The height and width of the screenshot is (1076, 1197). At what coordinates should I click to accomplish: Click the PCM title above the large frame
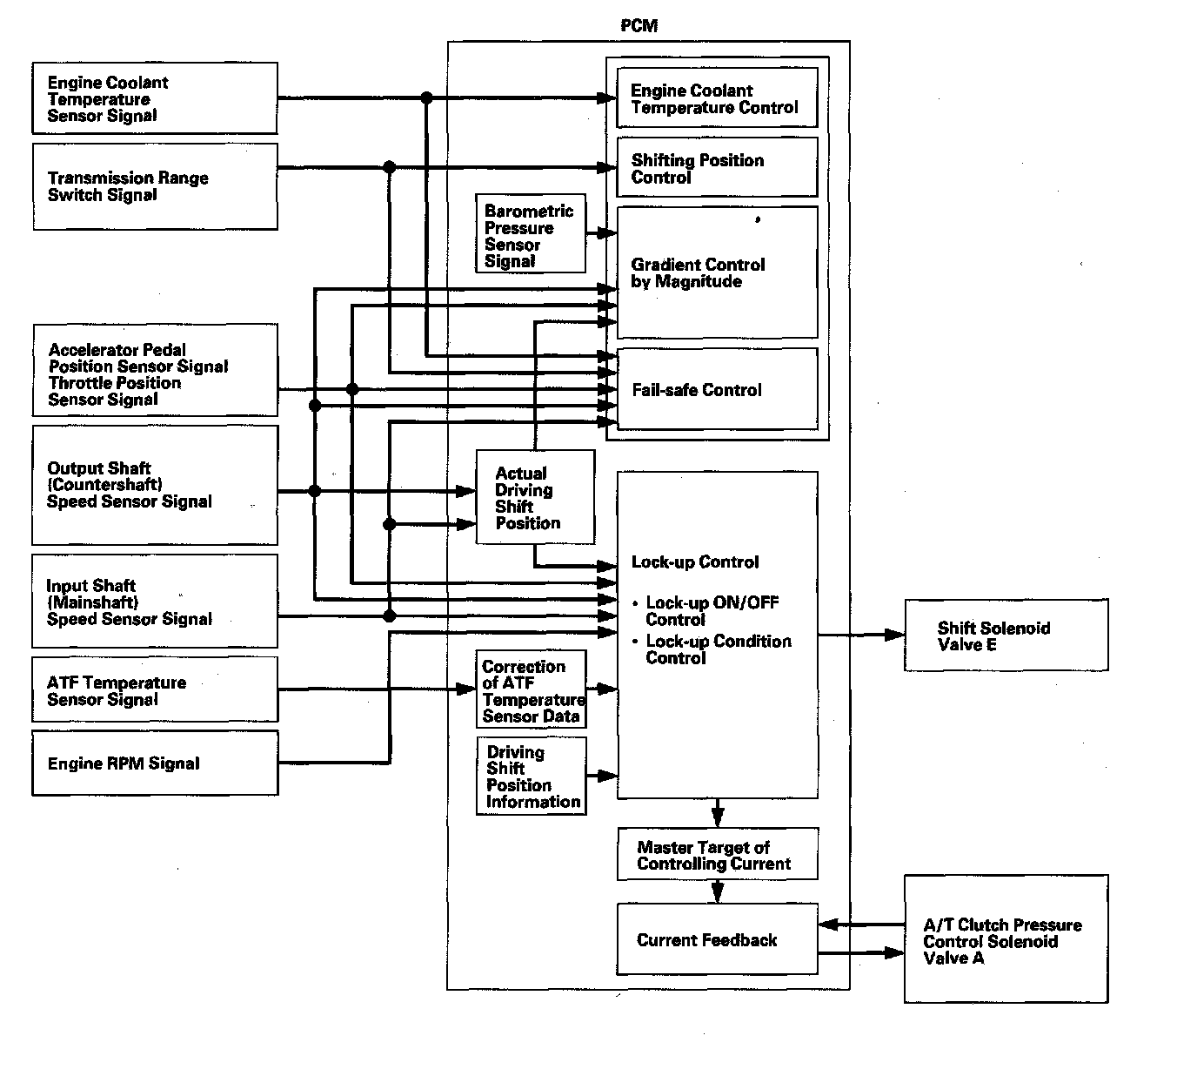(x=639, y=26)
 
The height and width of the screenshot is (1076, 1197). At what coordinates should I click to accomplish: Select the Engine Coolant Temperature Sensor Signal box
(x=155, y=98)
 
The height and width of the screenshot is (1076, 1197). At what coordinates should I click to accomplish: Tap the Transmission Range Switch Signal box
(x=155, y=186)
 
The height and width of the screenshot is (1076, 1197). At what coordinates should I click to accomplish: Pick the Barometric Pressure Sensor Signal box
(x=531, y=235)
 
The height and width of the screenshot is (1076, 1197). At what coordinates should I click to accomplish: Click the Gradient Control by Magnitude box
(x=717, y=272)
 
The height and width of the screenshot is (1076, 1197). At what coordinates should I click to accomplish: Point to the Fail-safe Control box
(x=717, y=389)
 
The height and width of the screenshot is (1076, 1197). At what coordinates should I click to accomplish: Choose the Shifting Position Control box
(x=717, y=167)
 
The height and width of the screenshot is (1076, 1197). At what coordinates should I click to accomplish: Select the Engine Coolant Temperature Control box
(x=717, y=98)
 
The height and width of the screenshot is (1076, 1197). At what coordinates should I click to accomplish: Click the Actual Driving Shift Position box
(x=535, y=497)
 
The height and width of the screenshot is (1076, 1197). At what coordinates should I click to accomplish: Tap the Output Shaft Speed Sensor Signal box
(x=155, y=485)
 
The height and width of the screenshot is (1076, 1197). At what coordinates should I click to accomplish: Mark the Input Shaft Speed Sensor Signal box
(x=155, y=602)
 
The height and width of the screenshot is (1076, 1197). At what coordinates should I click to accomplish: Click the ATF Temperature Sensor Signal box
(x=155, y=689)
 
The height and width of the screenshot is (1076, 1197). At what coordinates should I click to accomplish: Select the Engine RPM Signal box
(x=155, y=763)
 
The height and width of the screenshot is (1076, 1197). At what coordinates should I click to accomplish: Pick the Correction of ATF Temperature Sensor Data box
(x=531, y=689)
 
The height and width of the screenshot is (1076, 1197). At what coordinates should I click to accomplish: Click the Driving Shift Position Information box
(x=531, y=776)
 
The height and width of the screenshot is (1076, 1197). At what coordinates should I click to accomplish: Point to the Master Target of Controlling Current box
(x=717, y=854)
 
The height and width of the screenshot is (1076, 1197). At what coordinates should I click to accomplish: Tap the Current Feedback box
(x=717, y=939)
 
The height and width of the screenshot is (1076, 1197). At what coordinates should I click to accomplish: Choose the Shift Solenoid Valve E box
(x=1006, y=636)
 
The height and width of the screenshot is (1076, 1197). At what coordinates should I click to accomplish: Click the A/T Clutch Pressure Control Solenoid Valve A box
(x=1006, y=939)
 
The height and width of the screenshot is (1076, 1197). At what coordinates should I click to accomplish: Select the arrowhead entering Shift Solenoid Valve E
(x=896, y=636)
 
